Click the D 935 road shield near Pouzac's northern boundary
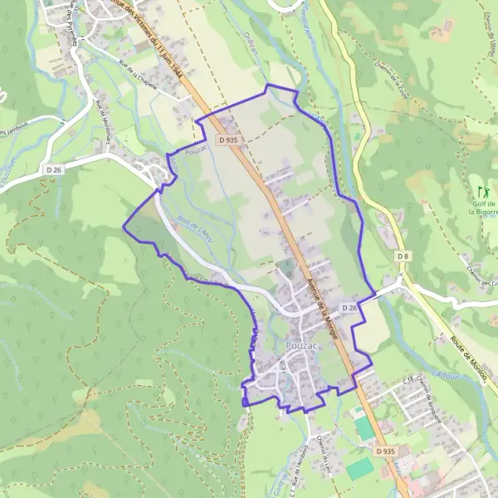[x=229, y=140]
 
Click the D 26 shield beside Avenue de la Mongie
[x=349, y=308]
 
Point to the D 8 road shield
[x=403, y=256]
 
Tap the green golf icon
[x=483, y=191]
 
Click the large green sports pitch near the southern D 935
[x=361, y=468]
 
